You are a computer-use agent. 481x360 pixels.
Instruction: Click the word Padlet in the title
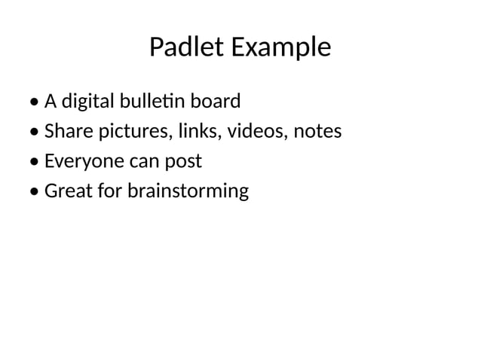tap(187, 47)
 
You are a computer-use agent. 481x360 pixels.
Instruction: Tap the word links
tap(195, 131)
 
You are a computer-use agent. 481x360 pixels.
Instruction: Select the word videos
tap(252, 131)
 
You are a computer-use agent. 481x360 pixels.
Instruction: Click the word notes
tap(317, 132)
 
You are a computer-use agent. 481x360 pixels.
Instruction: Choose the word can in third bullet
tap(139, 162)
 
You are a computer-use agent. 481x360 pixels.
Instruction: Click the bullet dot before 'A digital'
tap(35, 102)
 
